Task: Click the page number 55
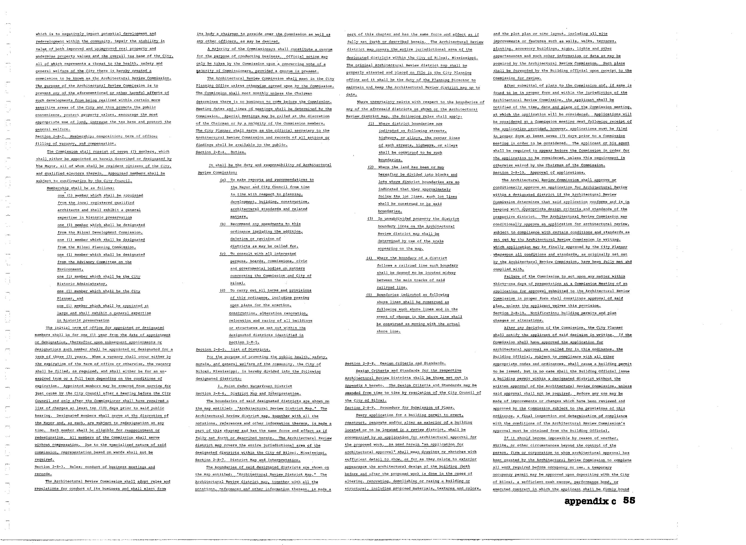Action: (x=629, y=500)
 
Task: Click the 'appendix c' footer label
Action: (x=590, y=501)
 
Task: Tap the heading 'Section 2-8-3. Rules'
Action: (x=95, y=467)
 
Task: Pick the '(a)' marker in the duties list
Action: (x=223, y=180)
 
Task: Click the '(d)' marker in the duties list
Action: (x=223, y=291)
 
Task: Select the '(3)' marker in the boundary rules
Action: (x=370, y=219)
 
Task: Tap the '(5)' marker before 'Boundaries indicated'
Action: (x=369, y=295)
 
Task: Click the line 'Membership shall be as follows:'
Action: (x=81, y=188)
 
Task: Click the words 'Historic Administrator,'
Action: (x=82, y=284)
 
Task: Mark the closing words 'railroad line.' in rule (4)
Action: (x=387, y=287)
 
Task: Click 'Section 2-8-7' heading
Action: (x=247, y=460)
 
